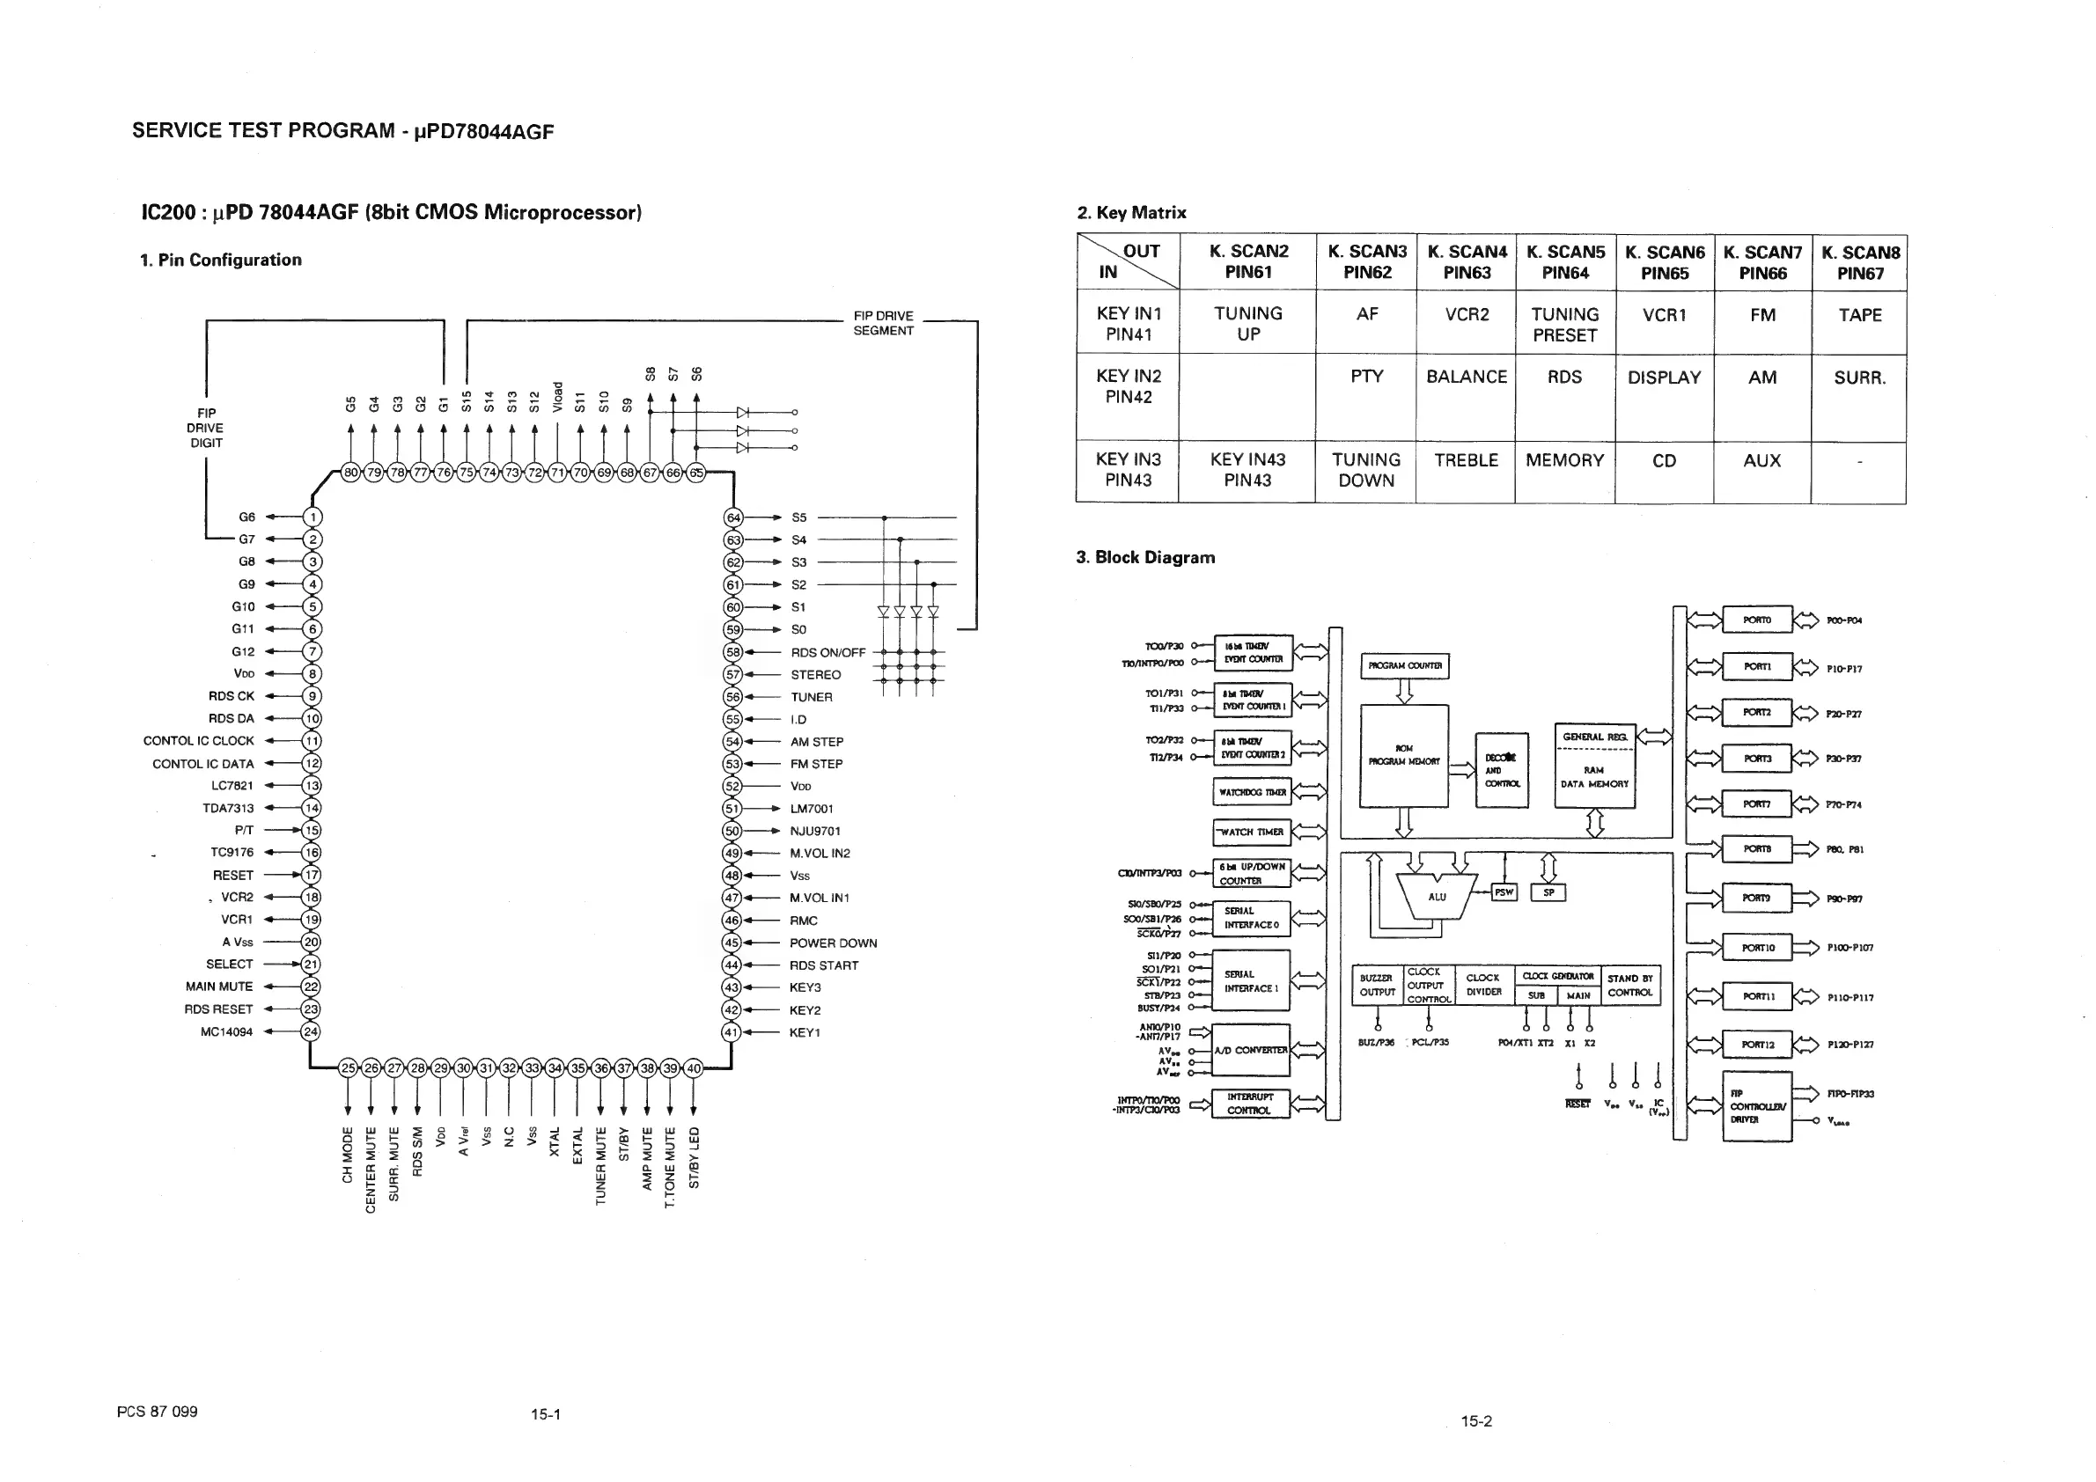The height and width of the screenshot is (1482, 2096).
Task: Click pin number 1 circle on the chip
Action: (312, 517)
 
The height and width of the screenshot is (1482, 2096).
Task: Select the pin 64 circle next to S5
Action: (733, 517)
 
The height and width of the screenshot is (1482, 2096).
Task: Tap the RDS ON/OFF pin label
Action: (827, 652)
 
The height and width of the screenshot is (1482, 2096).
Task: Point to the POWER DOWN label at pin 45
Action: (833, 943)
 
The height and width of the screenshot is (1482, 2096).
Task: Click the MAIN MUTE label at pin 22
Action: (219, 987)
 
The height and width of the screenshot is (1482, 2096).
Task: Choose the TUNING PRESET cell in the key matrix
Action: (1564, 324)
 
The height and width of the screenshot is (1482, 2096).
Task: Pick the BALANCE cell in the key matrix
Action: (1466, 377)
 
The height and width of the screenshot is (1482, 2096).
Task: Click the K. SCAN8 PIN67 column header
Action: (1859, 263)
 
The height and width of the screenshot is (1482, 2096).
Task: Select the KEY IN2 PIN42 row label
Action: (1129, 386)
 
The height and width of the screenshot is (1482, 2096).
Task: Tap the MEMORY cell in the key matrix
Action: (1563, 461)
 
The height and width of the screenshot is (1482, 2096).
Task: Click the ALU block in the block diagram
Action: (1436, 897)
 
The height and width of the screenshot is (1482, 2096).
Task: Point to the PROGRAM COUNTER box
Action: (1404, 666)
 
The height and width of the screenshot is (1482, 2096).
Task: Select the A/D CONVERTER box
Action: (1251, 1051)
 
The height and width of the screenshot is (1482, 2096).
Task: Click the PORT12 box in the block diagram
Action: (1756, 1045)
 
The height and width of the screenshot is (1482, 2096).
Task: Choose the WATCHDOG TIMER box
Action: (1253, 792)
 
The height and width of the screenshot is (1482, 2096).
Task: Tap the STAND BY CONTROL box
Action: (1630, 986)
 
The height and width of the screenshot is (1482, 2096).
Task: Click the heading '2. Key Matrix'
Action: (1131, 213)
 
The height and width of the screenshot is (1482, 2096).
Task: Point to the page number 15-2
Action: (1476, 1421)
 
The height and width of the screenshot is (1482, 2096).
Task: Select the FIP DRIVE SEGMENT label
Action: (883, 323)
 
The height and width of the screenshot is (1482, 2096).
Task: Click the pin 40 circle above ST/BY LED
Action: (694, 1068)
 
